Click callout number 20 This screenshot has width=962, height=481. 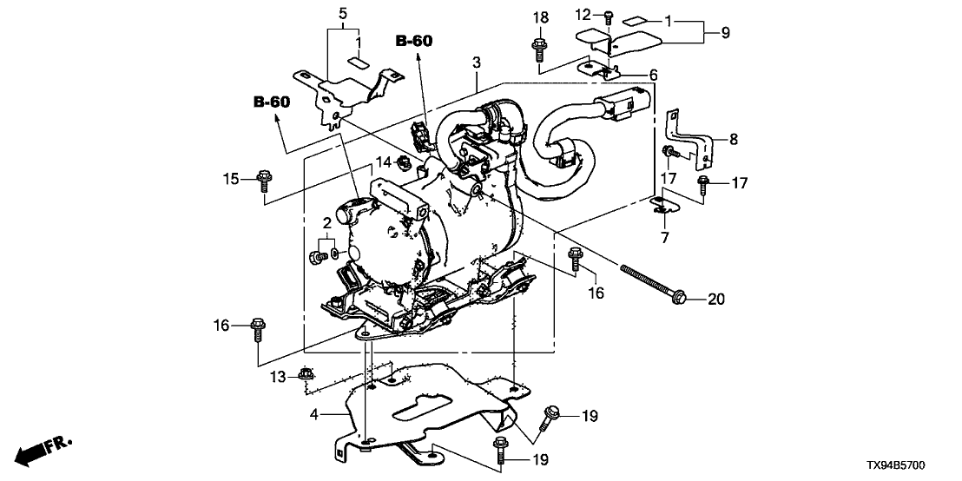tap(715, 300)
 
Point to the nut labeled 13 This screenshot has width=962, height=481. tap(305, 374)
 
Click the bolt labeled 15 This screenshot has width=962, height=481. tap(264, 182)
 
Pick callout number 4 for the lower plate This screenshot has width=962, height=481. tap(315, 417)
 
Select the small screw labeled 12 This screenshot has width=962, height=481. tap(608, 15)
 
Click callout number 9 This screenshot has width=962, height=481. tap(725, 33)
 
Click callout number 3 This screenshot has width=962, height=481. tap(476, 62)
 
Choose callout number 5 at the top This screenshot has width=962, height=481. tap(342, 13)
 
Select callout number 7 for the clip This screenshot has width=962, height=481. tap(664, 236)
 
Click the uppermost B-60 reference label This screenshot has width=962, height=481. tap(415, 40)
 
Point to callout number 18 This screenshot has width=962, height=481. tap(539, 17)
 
